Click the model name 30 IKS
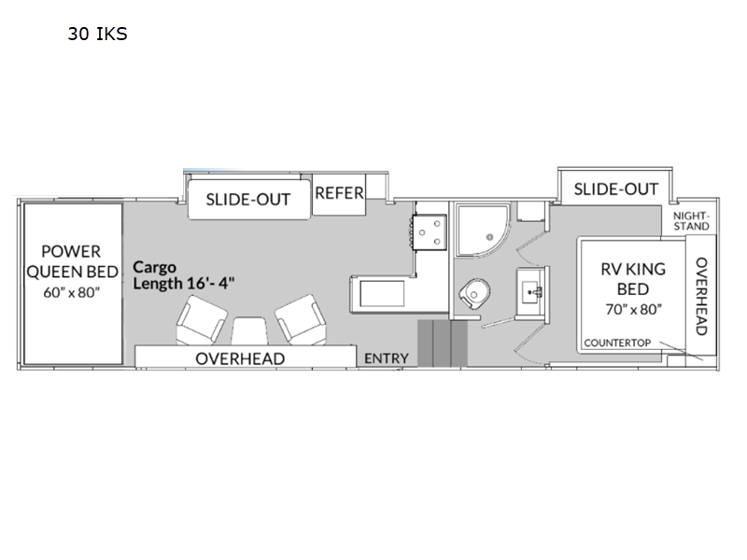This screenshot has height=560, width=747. tap(98, 34)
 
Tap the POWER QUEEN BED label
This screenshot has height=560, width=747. tap(72, 261)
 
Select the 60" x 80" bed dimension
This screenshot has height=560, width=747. tap(72, 292)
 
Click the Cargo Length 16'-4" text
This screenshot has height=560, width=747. tap(183, 274)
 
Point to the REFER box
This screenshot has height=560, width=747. tap(339, 194)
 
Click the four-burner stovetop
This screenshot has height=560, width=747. tap(430, 231)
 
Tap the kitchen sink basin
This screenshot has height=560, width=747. tap(382, 294)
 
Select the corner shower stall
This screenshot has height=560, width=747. tap(482, 230)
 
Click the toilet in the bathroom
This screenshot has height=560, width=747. tap(474, 293)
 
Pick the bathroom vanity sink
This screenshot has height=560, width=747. tap(531, 291)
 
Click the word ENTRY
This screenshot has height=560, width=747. tap(387, 358)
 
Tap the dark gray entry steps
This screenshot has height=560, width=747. tap(443, 343)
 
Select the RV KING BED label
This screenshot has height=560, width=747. tap(633, 279)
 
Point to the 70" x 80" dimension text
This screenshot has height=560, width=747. tap(634, 310)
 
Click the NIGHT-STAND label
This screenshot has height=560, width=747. tap(691, 221)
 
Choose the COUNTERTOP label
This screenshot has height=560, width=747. tap(617, 343)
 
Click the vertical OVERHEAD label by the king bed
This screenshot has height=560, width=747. tap(701, 296)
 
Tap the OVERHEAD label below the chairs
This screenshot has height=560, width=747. tap(240, 358)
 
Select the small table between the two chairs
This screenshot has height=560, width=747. tap(249, 331)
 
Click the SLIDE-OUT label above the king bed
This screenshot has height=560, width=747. tap(616, 189)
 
